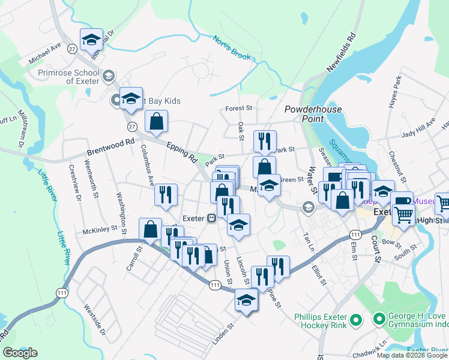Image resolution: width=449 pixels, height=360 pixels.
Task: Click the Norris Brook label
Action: point(231,48)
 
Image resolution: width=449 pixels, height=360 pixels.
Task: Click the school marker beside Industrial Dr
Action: point(91,40)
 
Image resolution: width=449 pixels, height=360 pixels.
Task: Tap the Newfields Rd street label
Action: point(342,53)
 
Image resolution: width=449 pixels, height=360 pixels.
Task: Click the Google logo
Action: point(20,352)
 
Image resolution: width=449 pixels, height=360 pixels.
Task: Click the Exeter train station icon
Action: point(212,218)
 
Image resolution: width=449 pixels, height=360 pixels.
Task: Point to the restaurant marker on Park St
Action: point(264,141)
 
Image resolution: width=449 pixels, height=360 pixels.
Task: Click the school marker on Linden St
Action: point(246,299)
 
